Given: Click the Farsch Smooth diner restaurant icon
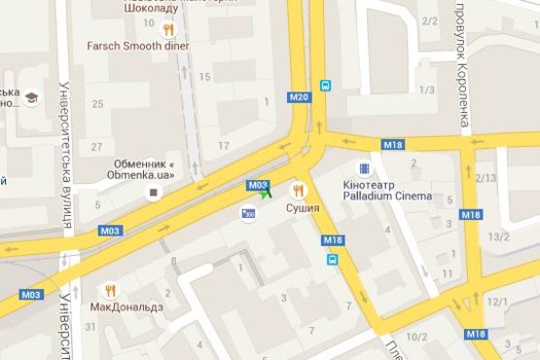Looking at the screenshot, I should coord(170,29).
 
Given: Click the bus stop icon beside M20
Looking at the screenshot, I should coord(325,85).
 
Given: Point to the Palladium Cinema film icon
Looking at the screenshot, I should coord(364,167).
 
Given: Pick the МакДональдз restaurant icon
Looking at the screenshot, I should coord(112,290).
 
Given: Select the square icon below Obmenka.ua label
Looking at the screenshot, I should coord(152,193).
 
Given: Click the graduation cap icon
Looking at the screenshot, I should coord(32,98).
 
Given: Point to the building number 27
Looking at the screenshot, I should coord(96,146).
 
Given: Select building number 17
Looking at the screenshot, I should coord(224,146).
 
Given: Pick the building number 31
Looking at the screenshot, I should coord(90,326).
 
